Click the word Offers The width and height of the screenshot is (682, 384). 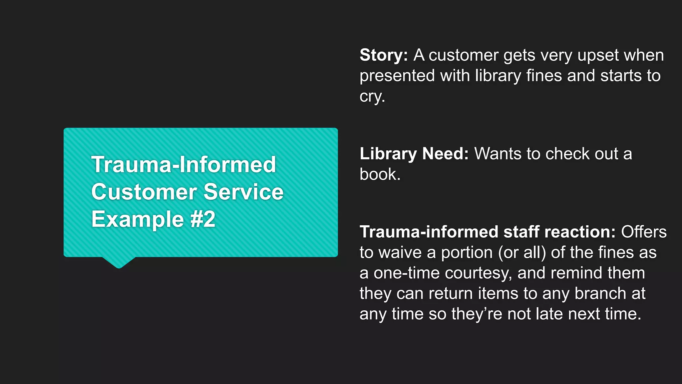click(x=644, y=232)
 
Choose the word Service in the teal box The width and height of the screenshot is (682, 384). click(x=243, y=192)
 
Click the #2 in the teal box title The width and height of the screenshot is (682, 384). click(x=203, y=219)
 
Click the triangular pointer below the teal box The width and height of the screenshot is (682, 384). click(x=119, y=262)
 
